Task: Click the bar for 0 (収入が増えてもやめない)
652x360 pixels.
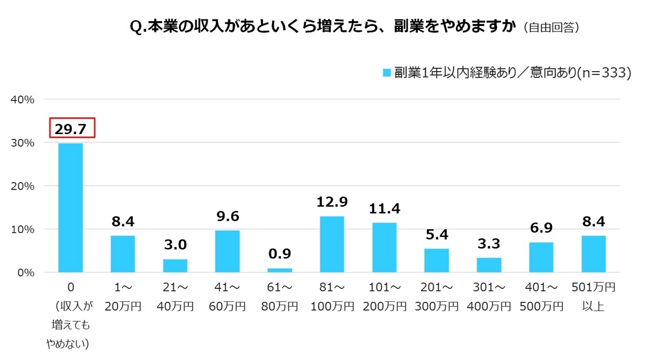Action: point(71,207)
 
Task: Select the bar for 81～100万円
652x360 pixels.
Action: point(331,244)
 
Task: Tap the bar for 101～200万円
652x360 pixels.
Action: point(384,247)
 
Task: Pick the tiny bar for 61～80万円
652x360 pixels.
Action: point(279,270)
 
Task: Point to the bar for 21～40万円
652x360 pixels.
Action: point(175,266)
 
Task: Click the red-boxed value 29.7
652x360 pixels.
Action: point(73,128)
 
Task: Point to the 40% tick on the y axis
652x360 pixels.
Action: point(23,99)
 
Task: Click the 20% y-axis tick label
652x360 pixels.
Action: point(23,186)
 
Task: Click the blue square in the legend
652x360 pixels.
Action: point(387,73)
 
